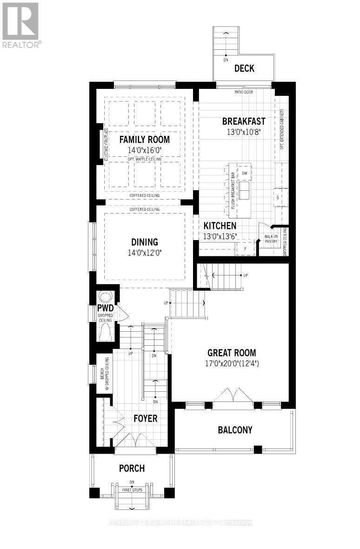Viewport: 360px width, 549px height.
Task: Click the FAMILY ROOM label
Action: pos(144,139)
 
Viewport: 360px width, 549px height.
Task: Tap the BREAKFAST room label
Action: pos(243,121)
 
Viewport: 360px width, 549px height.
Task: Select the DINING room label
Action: pos(144,242)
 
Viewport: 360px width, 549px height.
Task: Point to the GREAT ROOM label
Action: pos(232,353)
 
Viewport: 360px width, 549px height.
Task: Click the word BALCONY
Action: pos(235,429)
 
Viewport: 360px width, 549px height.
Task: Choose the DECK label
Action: pos(244,68)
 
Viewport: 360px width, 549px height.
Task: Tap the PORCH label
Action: pos(132,468)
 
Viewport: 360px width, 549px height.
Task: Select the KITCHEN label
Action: pos(220,226)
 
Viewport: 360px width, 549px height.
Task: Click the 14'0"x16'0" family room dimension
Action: pos(144,150)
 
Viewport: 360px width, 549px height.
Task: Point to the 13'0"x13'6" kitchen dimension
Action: pos(220,236)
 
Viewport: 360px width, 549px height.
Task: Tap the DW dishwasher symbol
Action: pos(244,174)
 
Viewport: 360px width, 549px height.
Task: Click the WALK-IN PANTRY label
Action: pos(271,239)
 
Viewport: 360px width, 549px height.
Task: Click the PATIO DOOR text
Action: pos(244,92)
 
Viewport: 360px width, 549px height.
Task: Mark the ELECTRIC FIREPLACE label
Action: pos(106,145)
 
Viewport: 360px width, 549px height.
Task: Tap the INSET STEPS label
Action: pos(132,490)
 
